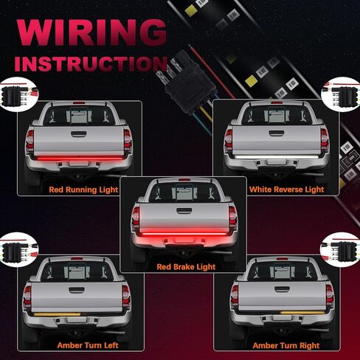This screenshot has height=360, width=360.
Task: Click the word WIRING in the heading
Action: (x=91, y=32)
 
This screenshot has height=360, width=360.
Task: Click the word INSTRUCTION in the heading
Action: (x=91, y=63)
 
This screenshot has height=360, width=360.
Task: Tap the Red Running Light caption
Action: (x=83, y=190)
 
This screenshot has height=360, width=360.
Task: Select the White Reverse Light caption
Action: (x=287, y=190)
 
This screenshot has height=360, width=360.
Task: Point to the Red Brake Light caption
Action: (x=186, y=267)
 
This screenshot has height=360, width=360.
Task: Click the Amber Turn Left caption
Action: (x=88, y=345)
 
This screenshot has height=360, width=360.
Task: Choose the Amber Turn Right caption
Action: (x=286, y=345)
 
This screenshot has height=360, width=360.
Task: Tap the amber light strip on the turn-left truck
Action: (x=57, y=314)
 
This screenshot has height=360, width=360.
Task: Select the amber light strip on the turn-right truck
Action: (x=302, y=313)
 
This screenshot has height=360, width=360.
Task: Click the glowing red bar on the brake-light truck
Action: (x=184, y=233)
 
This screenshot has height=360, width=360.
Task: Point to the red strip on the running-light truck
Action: (x=79, y=159)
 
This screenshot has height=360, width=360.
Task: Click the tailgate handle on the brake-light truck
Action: (x=184, y=210)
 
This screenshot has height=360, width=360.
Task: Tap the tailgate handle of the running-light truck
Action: (x=79, y=134)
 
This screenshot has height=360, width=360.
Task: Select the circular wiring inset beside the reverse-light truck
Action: (x=341, y=94)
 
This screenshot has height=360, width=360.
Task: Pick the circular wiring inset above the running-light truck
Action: (x=18, y=94)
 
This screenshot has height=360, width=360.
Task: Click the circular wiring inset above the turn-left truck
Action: (x=18, y=249)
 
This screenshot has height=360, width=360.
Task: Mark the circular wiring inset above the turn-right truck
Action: (x=340, y=250)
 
